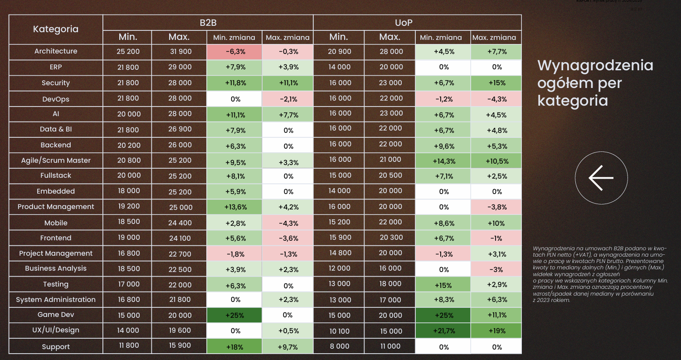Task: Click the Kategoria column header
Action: point(56,29)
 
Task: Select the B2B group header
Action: point(208,23)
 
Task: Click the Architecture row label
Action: point(56,51)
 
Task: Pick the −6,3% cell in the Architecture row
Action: point(235,52)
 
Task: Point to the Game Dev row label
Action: point(56,315)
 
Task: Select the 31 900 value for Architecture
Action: point(180,52)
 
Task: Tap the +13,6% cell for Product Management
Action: point(235,207)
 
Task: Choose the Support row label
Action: point(56,347)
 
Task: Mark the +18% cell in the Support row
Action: point(235,347)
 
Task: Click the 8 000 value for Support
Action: point(339,346)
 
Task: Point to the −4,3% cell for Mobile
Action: point(288,223)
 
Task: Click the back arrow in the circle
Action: point(601,178)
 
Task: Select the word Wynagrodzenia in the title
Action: point(595,65)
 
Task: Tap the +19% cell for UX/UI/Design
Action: point(496,331)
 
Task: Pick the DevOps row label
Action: point(56,99)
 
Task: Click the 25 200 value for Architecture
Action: point(128,52)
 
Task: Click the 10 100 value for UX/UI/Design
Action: point(339,331)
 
